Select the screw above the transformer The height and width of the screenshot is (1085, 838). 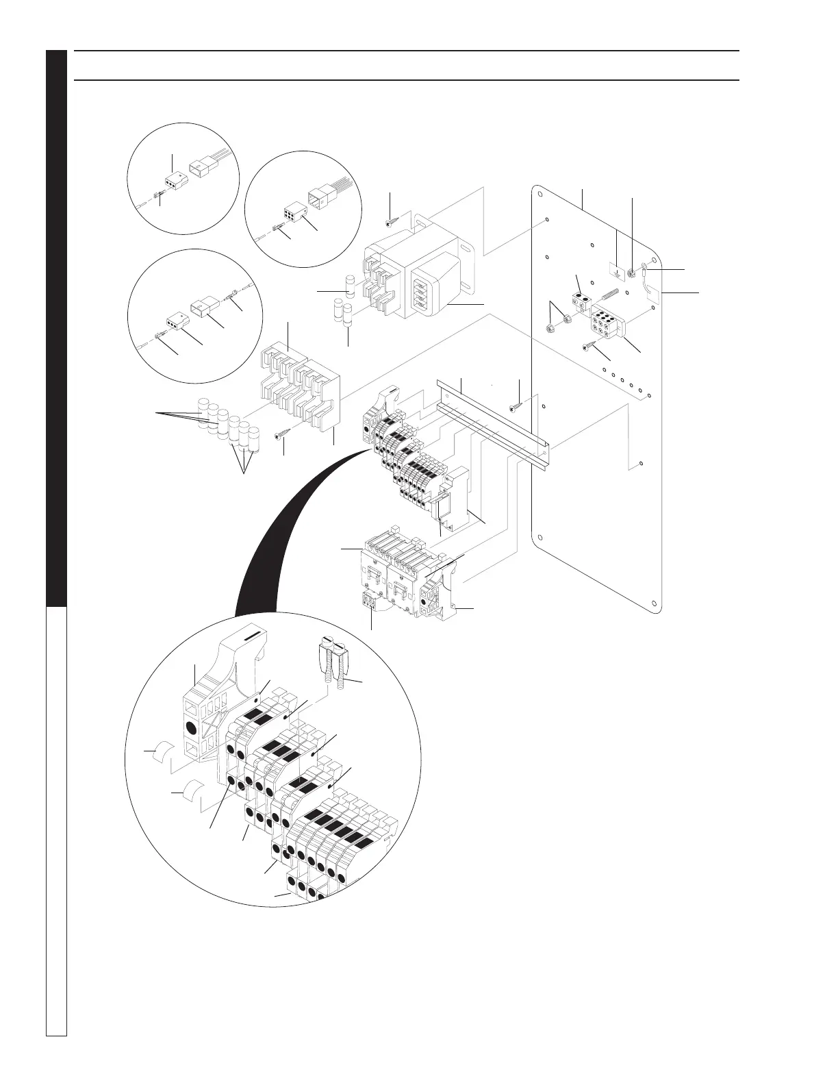[390, 222]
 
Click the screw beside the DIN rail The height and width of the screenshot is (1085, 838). [513, 408]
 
